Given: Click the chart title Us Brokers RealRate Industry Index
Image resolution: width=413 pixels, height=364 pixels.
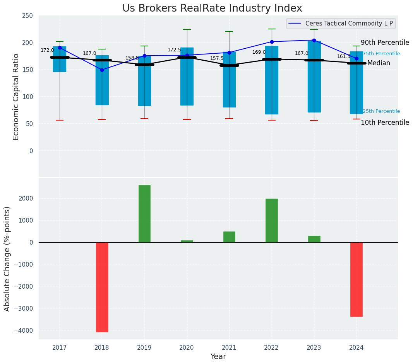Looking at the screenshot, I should (x=212, y=9).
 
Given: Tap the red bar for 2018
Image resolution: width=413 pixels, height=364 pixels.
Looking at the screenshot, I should (x=102, y=287).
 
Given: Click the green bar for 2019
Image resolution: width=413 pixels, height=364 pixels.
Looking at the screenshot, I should (x=144, y=214).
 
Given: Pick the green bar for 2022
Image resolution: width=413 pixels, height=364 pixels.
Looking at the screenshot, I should (x=272, y=220).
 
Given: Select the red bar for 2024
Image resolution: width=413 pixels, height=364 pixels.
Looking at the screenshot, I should (x=356, y=279).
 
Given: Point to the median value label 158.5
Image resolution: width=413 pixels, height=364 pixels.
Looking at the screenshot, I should (x=132, y=58).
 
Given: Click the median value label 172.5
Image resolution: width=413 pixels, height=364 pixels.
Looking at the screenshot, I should (x=174, y=50).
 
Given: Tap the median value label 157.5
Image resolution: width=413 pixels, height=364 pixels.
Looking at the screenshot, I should (x=217, y=59).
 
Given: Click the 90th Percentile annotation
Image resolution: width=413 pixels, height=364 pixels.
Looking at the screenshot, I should (x=384, y=43).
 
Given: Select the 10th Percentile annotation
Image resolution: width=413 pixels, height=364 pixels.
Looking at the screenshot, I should (x=384, y=123).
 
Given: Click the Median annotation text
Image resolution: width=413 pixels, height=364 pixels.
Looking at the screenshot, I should (x=378, y=63).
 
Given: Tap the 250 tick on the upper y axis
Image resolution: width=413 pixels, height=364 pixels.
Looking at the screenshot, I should (x=27, y=16).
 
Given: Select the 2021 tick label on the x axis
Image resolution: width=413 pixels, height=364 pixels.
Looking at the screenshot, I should (x=229, y=348).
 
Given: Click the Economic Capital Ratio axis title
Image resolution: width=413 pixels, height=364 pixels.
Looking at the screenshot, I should (x=16, y=97).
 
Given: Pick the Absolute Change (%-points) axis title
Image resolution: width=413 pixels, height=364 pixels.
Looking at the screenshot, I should (x=7, y=259).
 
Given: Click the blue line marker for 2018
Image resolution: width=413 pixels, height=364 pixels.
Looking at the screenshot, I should (x=102, y=70).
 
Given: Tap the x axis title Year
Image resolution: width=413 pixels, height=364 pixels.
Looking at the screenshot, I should (x=218, y=357).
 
